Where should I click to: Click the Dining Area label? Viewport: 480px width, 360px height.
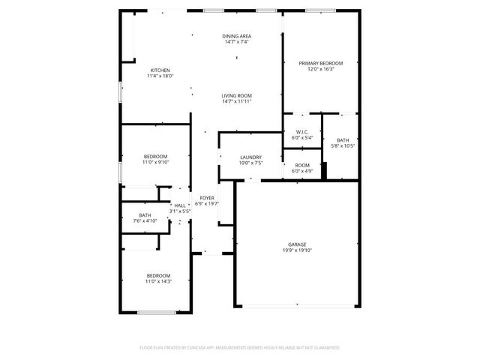point(236,36)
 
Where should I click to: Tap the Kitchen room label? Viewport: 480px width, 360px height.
point(160,70)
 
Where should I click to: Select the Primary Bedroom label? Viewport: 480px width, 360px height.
point(321,63)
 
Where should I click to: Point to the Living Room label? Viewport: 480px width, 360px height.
point(236,95)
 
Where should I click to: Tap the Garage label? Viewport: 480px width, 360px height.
point(297,244)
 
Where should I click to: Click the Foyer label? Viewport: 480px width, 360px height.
point(207,197)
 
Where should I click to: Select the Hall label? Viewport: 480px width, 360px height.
point(180,205)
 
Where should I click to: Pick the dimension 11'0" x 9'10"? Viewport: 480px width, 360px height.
point(156,162)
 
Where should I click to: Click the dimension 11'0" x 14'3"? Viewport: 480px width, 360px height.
point(158,281)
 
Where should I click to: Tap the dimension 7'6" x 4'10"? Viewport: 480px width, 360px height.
point(145,221)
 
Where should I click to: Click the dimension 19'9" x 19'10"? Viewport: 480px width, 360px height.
point(297,250)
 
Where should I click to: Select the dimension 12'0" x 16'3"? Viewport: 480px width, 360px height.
point(321,69)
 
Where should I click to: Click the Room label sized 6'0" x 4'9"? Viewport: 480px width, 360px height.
point(301,165)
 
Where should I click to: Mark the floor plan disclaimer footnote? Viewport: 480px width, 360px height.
point(240,348)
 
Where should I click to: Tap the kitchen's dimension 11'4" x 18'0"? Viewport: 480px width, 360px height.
point(160,76)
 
